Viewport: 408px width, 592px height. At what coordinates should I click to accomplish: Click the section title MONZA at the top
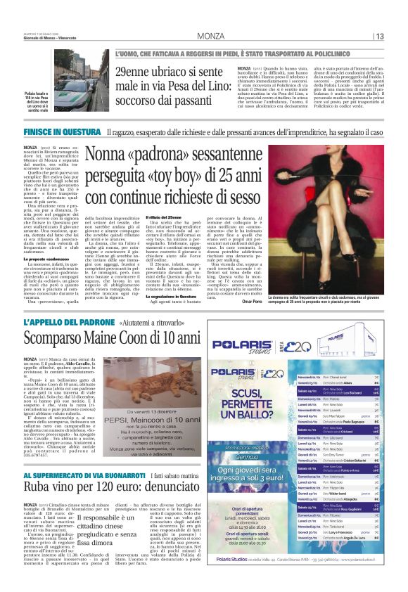tap(211, 37)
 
